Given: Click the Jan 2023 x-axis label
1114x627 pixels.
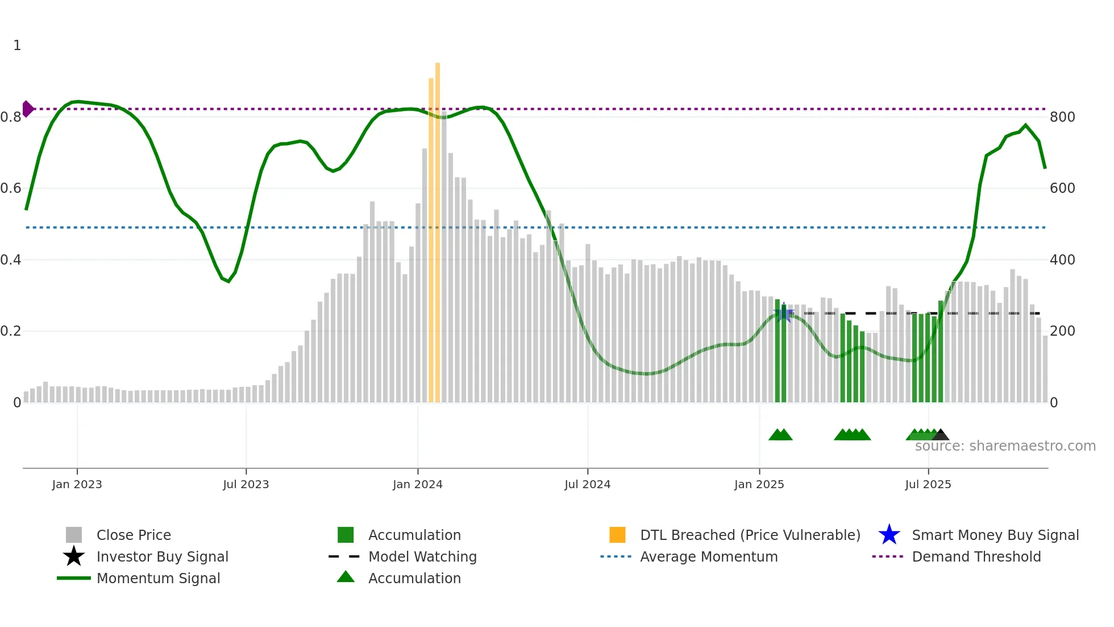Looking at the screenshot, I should pos(77,485).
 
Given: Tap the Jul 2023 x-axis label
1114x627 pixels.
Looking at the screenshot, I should pos(246,485).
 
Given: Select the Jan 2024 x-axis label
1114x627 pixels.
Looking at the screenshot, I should pos(417,485).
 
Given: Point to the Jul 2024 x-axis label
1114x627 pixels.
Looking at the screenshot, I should pos(587,485).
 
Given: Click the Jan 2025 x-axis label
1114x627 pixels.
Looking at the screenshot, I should pos(759,485).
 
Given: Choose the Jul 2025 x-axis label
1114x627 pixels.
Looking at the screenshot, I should pos(928,485).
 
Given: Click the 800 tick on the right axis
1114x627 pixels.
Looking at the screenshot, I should pos(1062,117).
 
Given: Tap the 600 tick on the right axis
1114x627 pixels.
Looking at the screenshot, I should pos(1062,188).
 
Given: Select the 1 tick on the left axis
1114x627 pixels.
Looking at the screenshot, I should pos(17,46).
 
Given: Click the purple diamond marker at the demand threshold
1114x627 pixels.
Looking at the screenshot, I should pos(27,109).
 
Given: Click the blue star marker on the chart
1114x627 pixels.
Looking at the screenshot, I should pos(784,313).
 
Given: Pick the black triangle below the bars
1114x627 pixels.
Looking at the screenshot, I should pos(940,435).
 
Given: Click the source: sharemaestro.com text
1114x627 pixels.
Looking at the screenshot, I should pos(1005,446).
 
